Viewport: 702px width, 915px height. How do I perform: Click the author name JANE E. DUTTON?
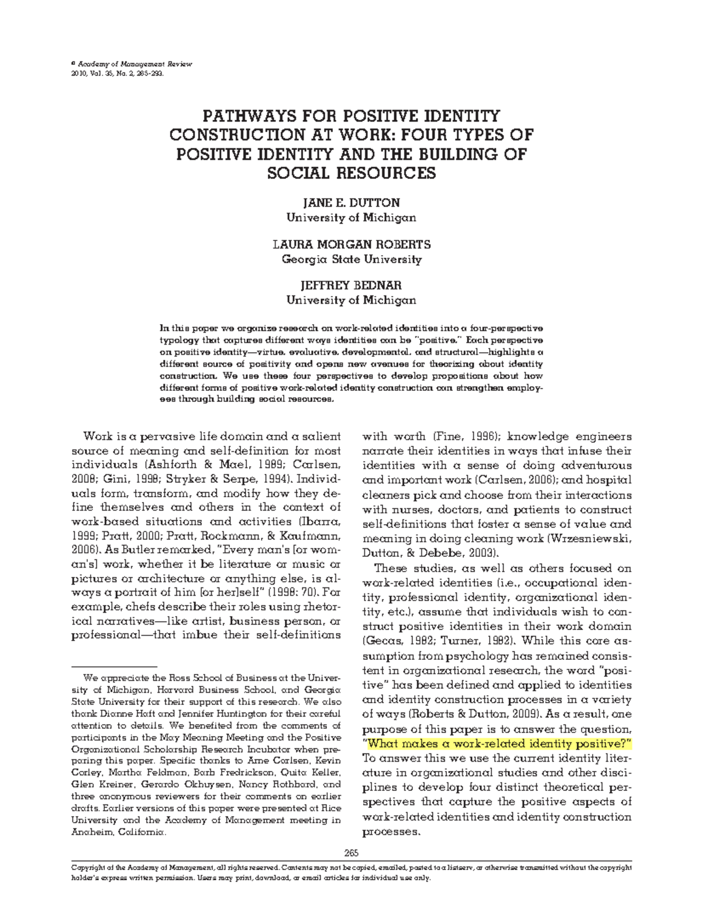(x=351, y=203)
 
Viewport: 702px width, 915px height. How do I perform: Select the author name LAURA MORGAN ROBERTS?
(x=351, y=244)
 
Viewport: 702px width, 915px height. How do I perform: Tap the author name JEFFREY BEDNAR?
(x=351, y=285)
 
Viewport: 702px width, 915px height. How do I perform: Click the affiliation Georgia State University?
(x=351, y=259)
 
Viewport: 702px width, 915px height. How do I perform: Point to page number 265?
(x=351, y=852)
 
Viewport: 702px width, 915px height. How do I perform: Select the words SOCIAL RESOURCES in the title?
(x=351, y=173)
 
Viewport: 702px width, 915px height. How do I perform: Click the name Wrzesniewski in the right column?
(x=591, y=539)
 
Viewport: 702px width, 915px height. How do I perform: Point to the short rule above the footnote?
(x=114, y=666)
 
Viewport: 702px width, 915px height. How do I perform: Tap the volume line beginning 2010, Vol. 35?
(x=117, y=75)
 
